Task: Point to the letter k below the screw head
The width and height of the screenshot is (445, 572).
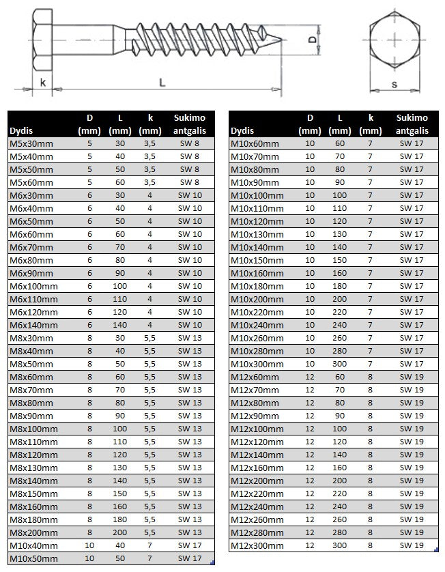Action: tap(43, 83)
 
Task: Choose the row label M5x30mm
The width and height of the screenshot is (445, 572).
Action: tap(31, 143)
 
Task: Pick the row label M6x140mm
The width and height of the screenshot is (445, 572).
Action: tap(34, 325)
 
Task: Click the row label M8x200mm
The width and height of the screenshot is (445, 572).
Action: tap(34, 532)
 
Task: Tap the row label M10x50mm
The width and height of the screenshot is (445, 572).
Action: tap(34, 558)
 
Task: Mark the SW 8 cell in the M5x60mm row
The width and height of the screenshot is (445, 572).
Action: tap(189, 182)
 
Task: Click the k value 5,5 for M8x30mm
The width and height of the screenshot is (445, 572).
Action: tap(149, 338)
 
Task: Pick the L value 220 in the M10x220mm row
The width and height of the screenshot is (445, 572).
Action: tap(339, 312)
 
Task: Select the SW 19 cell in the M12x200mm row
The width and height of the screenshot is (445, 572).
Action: tap(412, 481)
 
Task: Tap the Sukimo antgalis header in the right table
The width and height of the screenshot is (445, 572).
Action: tap(412, 124)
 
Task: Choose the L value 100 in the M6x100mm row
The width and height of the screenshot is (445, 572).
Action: tap(119, 286)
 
